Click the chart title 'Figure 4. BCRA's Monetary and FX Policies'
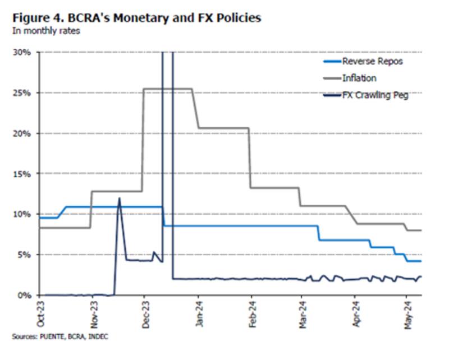pos(136,17)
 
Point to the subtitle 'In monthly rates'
pos(46,31)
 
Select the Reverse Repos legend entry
pos(373,61)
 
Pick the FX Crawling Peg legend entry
pos(375,95)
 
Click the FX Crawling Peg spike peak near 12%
pos(119,198)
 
